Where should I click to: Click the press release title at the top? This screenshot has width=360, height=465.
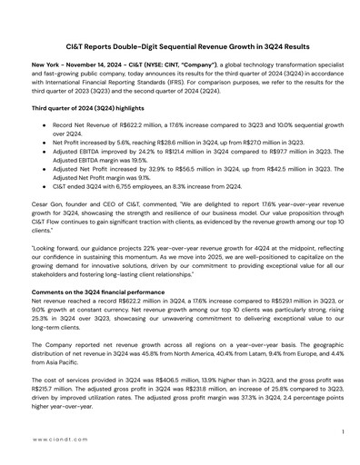point(180,45)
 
